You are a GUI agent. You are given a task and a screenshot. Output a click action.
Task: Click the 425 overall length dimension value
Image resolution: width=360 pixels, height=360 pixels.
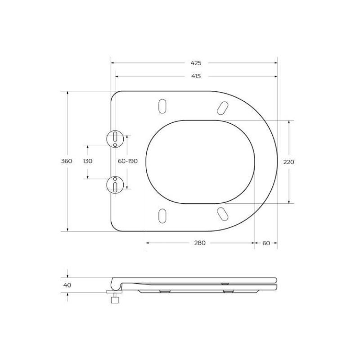click(x=196, y=63)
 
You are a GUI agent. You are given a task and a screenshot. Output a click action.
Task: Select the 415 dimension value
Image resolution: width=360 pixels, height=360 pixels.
click(x=196, y=76)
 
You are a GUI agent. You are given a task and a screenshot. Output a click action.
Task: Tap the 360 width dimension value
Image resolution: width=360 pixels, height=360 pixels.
click(x=67, y=162)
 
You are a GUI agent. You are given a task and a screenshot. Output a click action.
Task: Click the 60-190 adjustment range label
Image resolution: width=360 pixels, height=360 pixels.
click(x=127, y=162)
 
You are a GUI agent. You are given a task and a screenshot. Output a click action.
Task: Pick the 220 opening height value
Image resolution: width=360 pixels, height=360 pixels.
click(x=288, y=162)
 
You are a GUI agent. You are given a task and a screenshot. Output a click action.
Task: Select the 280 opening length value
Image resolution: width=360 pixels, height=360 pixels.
click(x=200, y=243)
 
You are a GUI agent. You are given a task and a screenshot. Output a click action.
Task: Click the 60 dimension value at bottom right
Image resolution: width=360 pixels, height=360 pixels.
click(x=266, y=243)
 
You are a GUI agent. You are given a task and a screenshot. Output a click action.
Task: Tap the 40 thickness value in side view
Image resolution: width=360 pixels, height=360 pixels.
click(x=67, y=285)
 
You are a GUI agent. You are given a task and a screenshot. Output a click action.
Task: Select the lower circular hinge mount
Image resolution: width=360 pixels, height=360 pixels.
click(x=115, y=184)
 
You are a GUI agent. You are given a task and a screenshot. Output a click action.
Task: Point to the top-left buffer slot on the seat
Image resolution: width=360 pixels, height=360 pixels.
click(x=162, y=105)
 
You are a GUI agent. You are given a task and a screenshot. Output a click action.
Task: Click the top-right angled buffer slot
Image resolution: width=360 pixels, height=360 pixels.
click(x=221, y=107)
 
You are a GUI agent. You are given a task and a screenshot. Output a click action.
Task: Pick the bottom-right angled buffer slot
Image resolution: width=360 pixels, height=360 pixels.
click(x=221, y=213)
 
